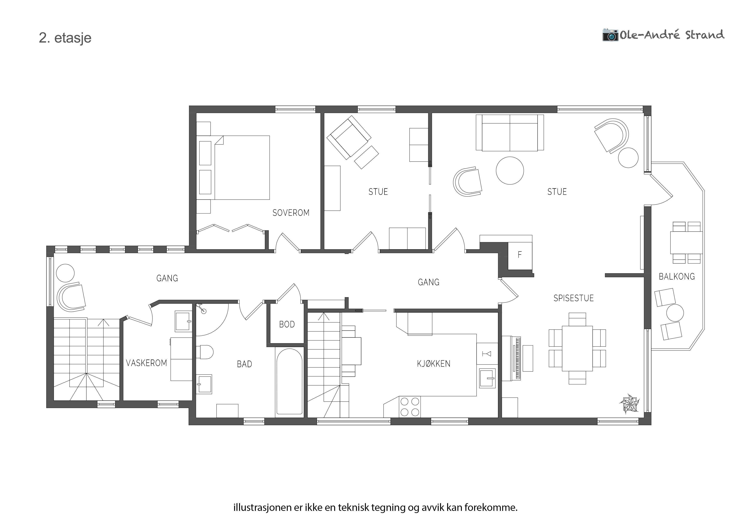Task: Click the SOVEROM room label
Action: pos(291,213)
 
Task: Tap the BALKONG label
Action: pos(677,276)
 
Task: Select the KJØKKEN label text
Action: pos(434,364)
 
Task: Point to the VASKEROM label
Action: pos(146,363)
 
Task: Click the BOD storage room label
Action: pos(287,324)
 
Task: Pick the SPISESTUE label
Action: pos(573,298)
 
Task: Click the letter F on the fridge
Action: pos(519,255)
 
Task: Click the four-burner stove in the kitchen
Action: pos(410,406)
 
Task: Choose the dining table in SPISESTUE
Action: pos(577,348)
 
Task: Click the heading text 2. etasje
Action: pos(65,38)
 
